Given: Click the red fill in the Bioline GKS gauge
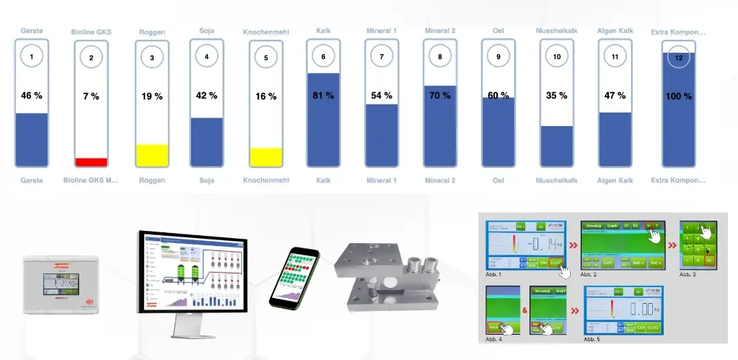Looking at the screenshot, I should click(x=91, y=162).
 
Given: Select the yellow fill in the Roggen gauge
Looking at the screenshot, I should click(x=152, y=155).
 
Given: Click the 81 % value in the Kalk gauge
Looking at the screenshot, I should click(x=324, y=95).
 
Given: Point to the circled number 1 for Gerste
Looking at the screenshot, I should click(x=32, y=56).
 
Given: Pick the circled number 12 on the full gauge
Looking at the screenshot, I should click(x=678, y=56).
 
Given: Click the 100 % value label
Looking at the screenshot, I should click(x=678, y=96).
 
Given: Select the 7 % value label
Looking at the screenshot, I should click(x=91, y=96).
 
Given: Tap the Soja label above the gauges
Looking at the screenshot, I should click(x=206, y=31).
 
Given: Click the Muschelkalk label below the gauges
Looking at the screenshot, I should click(x=556, y=180).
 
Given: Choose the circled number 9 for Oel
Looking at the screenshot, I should click(x=498, y=56).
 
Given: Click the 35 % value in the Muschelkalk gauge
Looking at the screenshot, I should click(x=556, y=95).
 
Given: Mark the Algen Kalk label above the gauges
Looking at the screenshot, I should click(x=615, y=31).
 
